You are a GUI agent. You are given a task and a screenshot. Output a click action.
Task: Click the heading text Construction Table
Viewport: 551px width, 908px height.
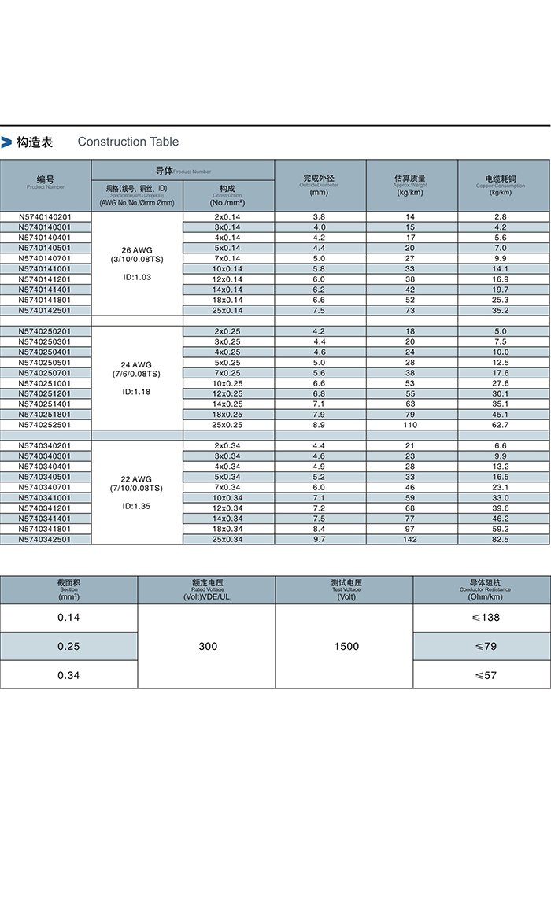[x=128, y=142]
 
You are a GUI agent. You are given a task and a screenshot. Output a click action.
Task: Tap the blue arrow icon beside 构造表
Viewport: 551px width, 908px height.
[x=6, y=142]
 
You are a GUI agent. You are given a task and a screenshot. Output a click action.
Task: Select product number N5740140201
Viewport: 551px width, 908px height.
[x=45, y=216]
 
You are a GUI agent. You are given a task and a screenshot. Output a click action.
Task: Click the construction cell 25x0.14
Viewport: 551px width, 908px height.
[x=228, y=310]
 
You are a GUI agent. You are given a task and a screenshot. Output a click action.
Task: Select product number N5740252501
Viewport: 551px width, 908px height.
[x=45, y=425]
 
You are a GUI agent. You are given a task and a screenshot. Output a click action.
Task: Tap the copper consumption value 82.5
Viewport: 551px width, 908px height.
[x=501, y=539]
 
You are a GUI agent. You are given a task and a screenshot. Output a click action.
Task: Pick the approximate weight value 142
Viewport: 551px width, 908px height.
[x=410, y=539]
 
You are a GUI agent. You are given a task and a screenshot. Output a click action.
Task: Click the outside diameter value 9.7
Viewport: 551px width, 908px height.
[x=319, y=539]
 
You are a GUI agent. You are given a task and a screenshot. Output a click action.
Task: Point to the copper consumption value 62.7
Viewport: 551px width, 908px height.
[x=501, y=425]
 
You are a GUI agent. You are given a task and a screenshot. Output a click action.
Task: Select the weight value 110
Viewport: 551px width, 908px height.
[x=410, y=425]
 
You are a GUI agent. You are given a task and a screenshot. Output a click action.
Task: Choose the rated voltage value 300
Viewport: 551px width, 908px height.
[x=208, y=646]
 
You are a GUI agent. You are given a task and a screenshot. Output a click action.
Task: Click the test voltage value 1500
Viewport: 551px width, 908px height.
[x=346, y=646]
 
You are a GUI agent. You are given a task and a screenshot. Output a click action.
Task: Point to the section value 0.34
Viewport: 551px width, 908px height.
[x=69, y=675]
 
